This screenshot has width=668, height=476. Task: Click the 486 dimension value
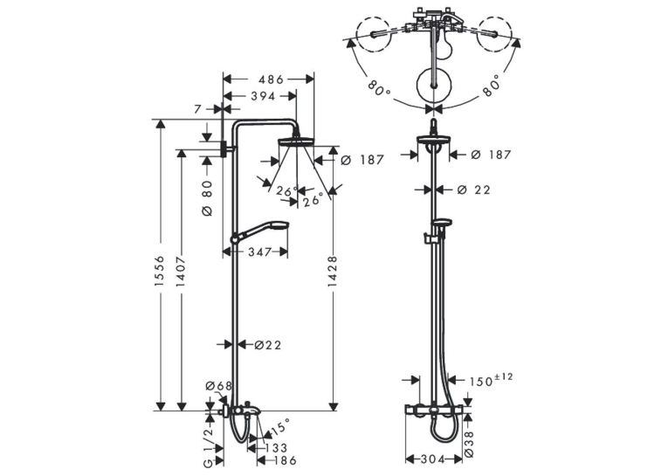point(271,79)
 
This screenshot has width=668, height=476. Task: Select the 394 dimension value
point(263,96)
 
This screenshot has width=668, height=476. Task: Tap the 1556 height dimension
point(159,271)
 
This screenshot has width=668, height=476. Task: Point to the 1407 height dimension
point(181,271)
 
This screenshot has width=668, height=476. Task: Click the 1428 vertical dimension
point(333,271)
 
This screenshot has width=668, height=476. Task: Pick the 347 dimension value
point(259,252)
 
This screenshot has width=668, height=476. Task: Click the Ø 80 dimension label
point(207,197)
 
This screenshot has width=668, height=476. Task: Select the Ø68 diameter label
point(219,386)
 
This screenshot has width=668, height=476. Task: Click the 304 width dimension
point(433,459)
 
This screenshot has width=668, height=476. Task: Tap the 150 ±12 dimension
point(492,380)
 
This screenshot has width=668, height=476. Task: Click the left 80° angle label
point(378,87)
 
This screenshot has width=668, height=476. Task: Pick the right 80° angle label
point(491,86)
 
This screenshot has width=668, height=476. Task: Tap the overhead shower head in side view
point(296,141)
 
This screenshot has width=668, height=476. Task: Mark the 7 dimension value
point(197,109)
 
